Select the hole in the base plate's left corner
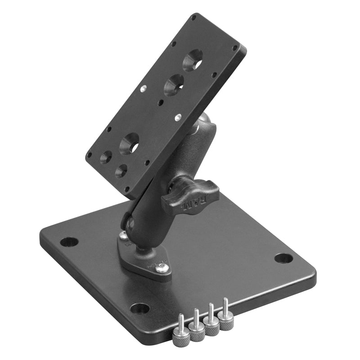(69, 242)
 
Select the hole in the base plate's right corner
(283, 258)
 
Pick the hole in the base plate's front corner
(140, 308)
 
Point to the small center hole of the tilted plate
(161, 103)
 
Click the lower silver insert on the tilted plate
(177, 117)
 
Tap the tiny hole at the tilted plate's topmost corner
(193, 18)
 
